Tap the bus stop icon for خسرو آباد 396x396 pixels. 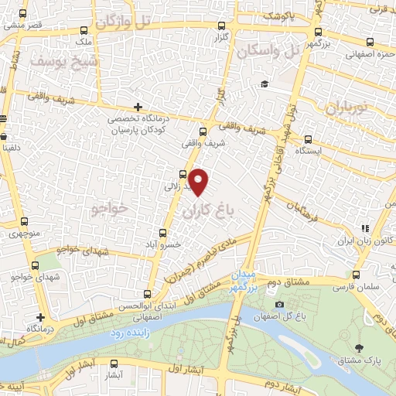coord(162,232)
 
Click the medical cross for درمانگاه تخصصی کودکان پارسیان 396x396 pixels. coord(138,107)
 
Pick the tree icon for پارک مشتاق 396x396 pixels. coord(358,347)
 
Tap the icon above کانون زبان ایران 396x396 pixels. coord(364,228)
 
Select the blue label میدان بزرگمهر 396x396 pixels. coord(242,282)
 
